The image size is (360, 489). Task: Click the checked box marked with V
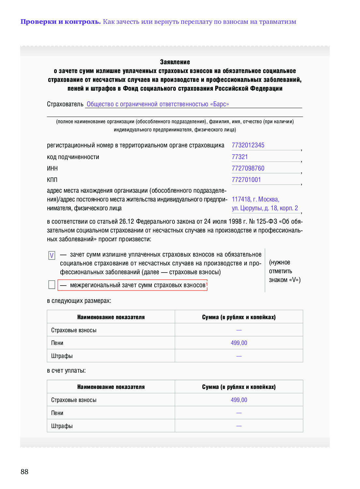click(x=52, y=255)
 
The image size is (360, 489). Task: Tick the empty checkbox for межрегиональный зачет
click(x=52, y=285)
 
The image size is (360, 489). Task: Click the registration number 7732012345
click(x=248, y=145)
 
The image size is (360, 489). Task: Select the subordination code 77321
click(x=240, y=157)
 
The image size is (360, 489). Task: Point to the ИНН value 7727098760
click(x=248, y=168)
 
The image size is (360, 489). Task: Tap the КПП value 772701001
click(x=246, y=180)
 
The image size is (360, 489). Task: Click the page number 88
click(x=24, y=471)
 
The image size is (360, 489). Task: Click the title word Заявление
click(x=175, y=62)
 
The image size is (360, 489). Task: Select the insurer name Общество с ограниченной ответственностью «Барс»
click(x=158, y=104)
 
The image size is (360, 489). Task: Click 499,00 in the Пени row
click(x=239, y=343)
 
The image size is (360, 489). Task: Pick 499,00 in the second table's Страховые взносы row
click(x=239, y=400)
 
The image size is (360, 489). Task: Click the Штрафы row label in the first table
click(x=62, y=356)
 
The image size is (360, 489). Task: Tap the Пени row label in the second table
click(x=57, y=413)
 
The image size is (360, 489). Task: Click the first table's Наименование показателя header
click(x=111, y=317)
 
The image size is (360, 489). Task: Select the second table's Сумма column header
click(x=239, y=387)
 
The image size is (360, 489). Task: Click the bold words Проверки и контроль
click(x=61, y=22)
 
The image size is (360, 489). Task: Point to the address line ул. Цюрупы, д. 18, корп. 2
click(x=265, y=208)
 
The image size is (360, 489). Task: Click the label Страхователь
click(x=65, y=104)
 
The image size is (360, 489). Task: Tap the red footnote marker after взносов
click(x=207, y=284)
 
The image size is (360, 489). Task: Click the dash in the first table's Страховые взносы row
click(x=239, y=330)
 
